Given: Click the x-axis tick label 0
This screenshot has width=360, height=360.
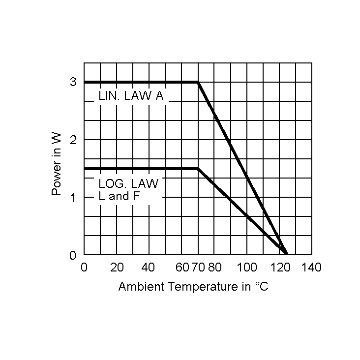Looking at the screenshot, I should click(x=84, y=268).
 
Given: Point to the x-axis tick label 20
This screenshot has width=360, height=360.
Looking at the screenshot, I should click(x=117, y=268).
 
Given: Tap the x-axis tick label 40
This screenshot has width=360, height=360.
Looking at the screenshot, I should click(x=149, y=268).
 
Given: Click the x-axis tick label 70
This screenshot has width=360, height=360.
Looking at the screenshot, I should click(x=198, y=268).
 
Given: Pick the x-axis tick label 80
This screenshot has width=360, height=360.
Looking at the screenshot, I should click(x=214, y=268).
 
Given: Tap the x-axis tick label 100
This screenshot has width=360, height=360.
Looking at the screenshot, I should click(x=247, y=268).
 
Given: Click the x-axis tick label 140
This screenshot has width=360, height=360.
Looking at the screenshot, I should click(x=311, y=268).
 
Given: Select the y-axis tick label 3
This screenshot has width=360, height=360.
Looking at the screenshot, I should click(x=73, y=82).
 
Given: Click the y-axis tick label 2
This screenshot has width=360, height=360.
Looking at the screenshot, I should click(x=73, y=140).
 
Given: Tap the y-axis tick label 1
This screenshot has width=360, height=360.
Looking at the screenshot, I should click(x=73, y=198).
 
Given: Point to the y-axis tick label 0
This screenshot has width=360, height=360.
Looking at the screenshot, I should click(x=73, y=255).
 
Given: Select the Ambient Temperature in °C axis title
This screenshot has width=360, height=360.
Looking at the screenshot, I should click(x=193, y=287).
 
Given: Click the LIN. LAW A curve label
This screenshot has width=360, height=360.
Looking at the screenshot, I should click(x=131, y=96).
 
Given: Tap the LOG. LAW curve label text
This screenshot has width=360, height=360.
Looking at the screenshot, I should click(x=129, y=184).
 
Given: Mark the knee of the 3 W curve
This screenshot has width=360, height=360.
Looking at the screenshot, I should click(x=198, y=82).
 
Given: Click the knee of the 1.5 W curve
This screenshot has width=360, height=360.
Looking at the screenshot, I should click(x=198, y=169).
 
